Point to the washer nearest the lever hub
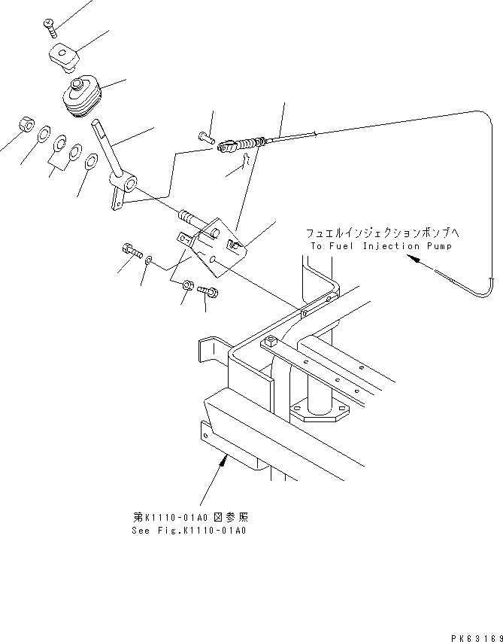click(91, 160)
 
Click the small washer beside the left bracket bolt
click(150, 260)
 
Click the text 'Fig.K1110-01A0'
click(204, 530)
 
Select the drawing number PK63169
click(475, 636)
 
